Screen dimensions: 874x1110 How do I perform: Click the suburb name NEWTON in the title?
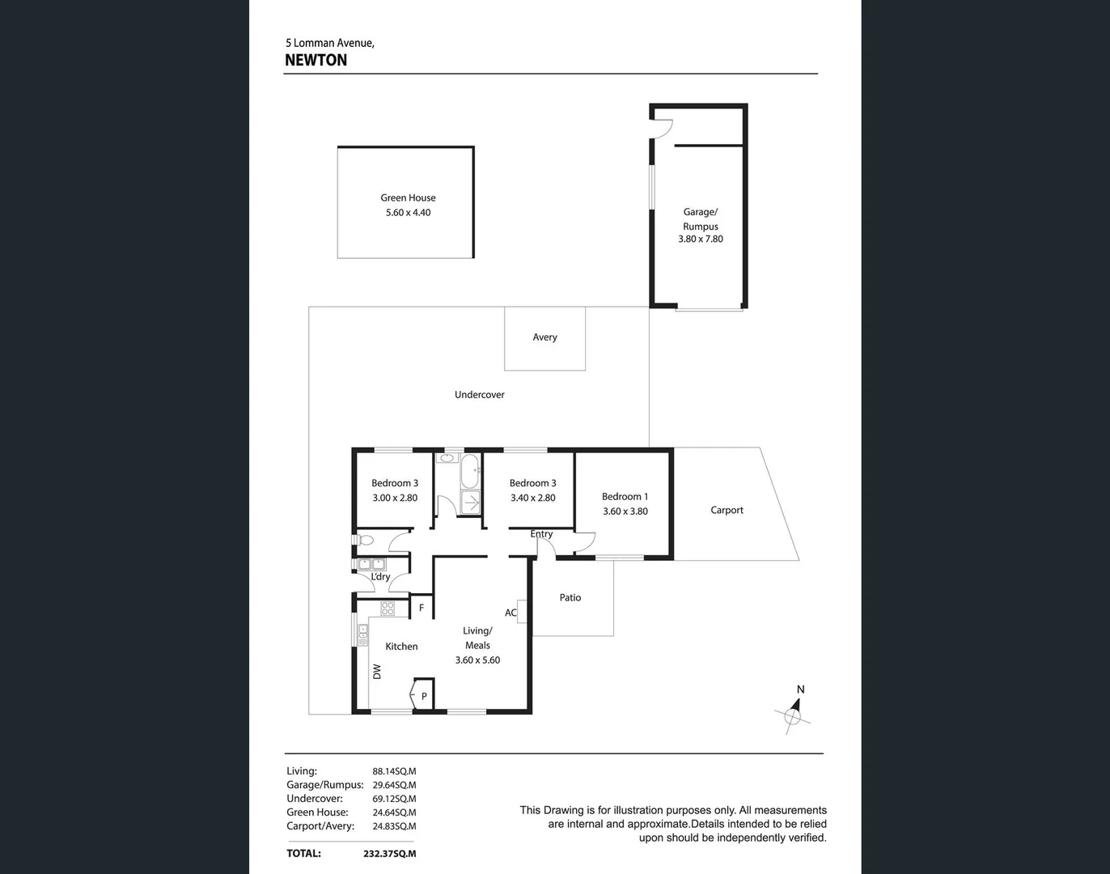click(316, 61)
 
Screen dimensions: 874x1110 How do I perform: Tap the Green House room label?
click(408, 197)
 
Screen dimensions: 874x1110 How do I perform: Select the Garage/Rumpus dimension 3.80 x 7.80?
click(700, 240)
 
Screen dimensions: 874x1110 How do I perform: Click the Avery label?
click(544, 337)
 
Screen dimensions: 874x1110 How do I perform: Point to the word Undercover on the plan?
click(479, 395)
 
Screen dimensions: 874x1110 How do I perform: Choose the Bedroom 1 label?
click(625, 497)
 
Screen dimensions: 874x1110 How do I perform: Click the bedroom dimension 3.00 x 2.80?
click(395, 499)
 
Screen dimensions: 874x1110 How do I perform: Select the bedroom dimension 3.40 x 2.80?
click(532, 499)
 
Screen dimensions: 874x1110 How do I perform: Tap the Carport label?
click(727, 511)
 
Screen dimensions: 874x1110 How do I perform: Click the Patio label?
click(570, 598)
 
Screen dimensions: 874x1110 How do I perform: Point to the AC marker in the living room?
click(511, 613)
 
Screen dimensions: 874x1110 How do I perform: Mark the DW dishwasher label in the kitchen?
click(377, 672)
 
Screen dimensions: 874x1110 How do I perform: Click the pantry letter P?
click(424, 696)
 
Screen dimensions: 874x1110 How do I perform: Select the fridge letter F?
click(421, 608)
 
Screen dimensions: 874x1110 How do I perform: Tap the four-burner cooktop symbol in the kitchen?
click(388, 609)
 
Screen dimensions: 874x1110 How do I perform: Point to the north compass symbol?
click(794, 714)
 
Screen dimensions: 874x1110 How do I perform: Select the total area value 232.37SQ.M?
click(390, 854)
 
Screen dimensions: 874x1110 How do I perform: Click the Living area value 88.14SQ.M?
click(394, 772)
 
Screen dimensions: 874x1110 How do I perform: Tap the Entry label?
click(541, 534)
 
